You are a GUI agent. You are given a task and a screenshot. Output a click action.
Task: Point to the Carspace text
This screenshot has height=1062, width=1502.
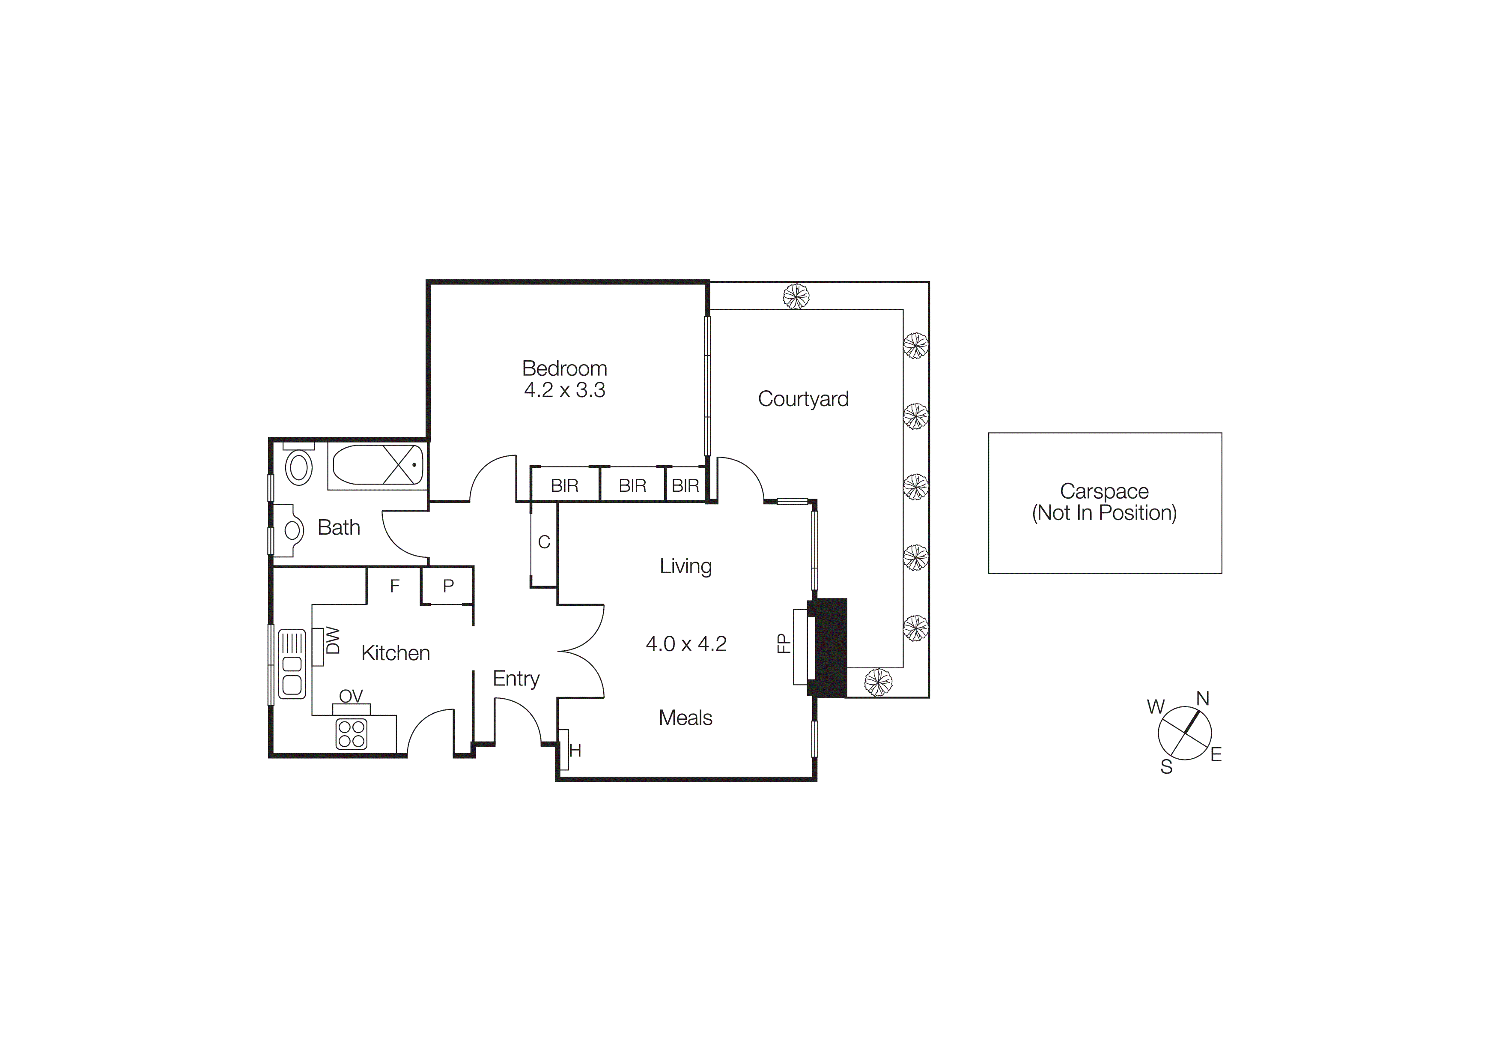(1104, 491)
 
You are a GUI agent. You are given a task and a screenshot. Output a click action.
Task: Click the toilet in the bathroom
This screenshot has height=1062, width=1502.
(299, 467)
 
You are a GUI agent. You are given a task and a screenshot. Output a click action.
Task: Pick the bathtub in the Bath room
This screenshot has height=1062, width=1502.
(378, 464)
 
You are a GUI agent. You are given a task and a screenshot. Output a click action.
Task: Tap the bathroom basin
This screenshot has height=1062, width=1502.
(292, 530)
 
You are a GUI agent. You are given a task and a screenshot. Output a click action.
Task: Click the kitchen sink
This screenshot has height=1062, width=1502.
(292, 664)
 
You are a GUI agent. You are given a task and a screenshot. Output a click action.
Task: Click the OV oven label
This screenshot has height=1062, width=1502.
(351, 696)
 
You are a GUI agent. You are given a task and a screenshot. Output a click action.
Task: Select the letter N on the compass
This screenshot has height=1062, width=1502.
(1202, 699)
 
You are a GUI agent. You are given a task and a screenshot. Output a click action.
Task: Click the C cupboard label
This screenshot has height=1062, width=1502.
(544, 542)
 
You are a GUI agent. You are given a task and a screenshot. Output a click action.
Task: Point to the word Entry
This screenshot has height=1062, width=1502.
(516, 679)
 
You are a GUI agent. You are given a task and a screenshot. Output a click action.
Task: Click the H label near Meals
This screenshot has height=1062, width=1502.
(575, 751)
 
